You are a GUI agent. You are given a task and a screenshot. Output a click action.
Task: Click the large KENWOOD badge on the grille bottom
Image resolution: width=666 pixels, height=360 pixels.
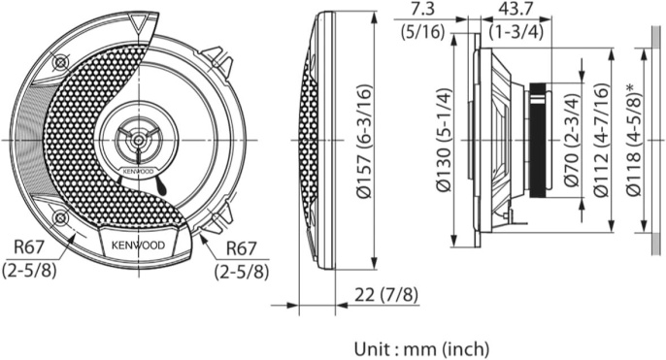(x=136, y=245)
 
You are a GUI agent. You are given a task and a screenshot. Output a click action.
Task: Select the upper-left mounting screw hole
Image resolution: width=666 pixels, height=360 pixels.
(x=61, y=62)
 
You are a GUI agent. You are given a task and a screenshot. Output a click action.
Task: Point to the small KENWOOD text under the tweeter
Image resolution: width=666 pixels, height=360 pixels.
(x=137, y=172)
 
